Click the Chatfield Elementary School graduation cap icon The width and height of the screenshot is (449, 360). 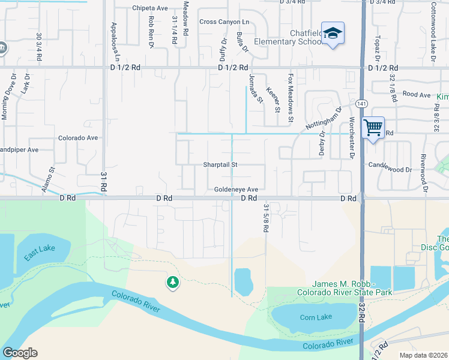pyautogui.click(x=333, y=34)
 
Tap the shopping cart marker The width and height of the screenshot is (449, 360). pyautogui.click(x=373, y=127)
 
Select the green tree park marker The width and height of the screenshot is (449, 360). pyautogui.click(x=173, y=281)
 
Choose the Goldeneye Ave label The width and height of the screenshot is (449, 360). pyautogui.click(x=236, y=189)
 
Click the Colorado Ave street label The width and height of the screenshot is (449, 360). pyautogui.click(x=77, y=137)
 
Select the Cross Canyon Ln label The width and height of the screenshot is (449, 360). pyautogui.click(x=224, y=22)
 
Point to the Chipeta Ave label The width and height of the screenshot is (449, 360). pyautogui.click(x=150, y=9)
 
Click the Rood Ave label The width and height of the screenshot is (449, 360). pyautogui.click(x=417, y=94)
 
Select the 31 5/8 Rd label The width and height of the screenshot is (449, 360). pyautogui.click(x=265, y=218)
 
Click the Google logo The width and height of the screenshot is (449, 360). pyautogui.click(x=20, y=353)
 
